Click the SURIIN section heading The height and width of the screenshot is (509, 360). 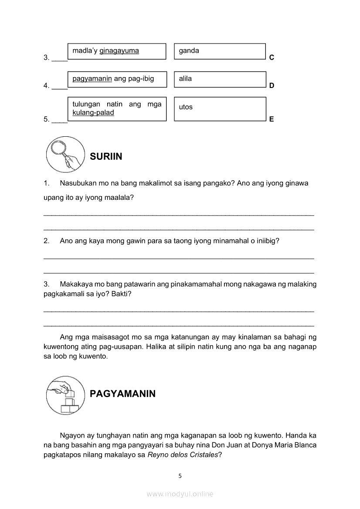(106, 157)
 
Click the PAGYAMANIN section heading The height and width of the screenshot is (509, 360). (122, 394)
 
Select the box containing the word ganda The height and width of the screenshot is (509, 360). (220, 51)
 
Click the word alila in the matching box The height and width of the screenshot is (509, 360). (185, 79)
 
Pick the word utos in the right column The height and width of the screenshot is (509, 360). (186, 107)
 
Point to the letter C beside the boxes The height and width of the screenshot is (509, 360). (272, 57)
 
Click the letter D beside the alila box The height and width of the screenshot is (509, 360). (272, 86)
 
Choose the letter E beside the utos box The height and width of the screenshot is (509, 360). (272, 119)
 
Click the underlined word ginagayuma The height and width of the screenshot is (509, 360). (119, 51)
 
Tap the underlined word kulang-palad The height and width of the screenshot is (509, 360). (93, 113)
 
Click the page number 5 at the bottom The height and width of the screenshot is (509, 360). (180, 476)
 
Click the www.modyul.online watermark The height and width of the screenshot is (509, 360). (180, 494)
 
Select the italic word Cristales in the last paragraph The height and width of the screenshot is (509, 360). (202, 455)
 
